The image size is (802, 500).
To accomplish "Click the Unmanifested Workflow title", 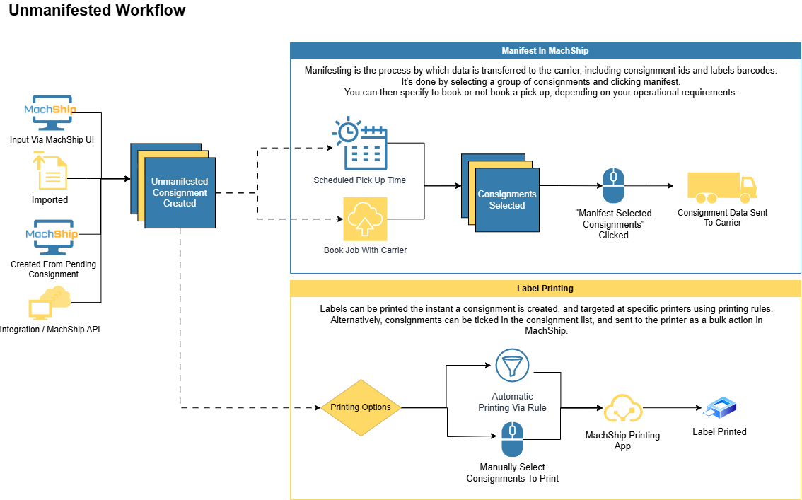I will tap(97, 11).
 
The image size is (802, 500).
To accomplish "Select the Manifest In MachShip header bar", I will tap(545, 51).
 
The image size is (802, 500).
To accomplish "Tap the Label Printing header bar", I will tap(545, 289).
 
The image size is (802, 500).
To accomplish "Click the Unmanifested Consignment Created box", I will tap(180, 192).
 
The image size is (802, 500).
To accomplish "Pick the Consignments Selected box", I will tap(506, 199).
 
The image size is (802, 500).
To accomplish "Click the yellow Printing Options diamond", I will tap(361, 407).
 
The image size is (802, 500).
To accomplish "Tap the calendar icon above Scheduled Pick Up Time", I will tap(360, 145).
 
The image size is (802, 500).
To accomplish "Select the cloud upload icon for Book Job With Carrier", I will tap(365, 219).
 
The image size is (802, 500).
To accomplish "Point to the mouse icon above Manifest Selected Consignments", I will tap(612, 186).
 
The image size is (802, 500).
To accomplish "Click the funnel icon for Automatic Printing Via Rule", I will tap(512, 366).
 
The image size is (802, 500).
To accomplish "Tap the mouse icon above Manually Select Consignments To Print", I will tap(512, 438).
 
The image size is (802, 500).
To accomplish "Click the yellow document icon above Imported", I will tap(50, 171).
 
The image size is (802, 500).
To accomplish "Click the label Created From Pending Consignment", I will tap(54, 269).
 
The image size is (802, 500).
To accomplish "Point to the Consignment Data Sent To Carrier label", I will tap(721, 217).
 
